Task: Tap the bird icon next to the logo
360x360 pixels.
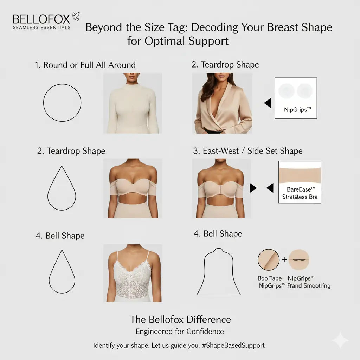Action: [76, 16]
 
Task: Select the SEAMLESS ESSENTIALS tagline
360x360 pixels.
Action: [41, 27]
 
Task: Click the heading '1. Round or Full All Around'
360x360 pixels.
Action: [85, 65]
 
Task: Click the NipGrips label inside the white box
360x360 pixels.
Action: [298, 109]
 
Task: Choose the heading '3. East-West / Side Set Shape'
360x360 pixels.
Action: [248, 151]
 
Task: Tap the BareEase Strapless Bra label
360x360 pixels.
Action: [300, 194]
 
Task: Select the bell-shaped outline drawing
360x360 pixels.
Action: [218, 271]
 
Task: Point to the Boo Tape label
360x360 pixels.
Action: [270, 278]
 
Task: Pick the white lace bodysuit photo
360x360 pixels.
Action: [133, 273]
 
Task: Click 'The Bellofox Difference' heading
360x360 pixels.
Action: [180, 319]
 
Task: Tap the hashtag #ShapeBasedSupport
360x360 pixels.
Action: [233, 345]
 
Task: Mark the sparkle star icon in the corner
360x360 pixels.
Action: [340, 340]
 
